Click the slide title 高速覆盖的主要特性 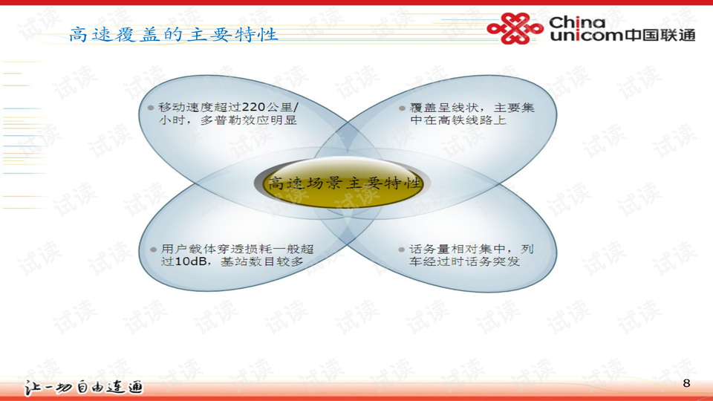click(173, 35)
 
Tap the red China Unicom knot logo click(515, 28)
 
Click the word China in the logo click(577, 22)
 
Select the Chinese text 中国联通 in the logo click(660, 35)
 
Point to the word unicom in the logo click(586, 35)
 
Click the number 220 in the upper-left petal click(253, 107)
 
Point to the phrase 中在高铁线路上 click(458, 120)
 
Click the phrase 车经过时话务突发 click(464, 261)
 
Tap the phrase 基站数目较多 click(261, 261)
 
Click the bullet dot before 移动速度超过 click(151, 108)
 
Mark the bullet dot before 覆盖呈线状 click(402, 108)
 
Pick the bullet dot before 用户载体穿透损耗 click(153, 250)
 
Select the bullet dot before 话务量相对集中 click(402, 250)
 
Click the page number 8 click(686, 383)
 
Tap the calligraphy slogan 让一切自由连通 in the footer click(83, 388)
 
